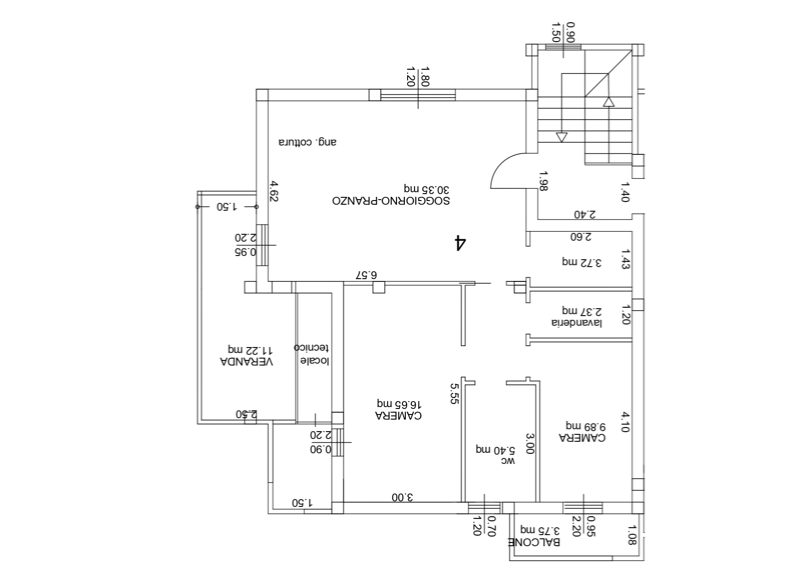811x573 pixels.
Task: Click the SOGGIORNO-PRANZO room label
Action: click(390, 201)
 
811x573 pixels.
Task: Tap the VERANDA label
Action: click(247, 361)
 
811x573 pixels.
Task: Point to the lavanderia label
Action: click(577, 322)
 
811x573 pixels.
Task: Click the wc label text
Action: click(509, 461)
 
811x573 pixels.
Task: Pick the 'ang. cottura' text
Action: click(307, 142)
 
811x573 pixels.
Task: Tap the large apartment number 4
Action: click(460, 243)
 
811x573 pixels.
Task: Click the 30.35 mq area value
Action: click(427, 189)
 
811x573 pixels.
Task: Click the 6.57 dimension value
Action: click(366, 274)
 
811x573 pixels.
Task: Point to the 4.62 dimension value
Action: click(274, 191)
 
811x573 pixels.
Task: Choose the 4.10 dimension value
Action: click(625, 421)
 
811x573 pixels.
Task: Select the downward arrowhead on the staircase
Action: click(561, 137)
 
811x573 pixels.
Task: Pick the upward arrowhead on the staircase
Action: click(609, 101)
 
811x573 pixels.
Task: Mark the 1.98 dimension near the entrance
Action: click(543, 181)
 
